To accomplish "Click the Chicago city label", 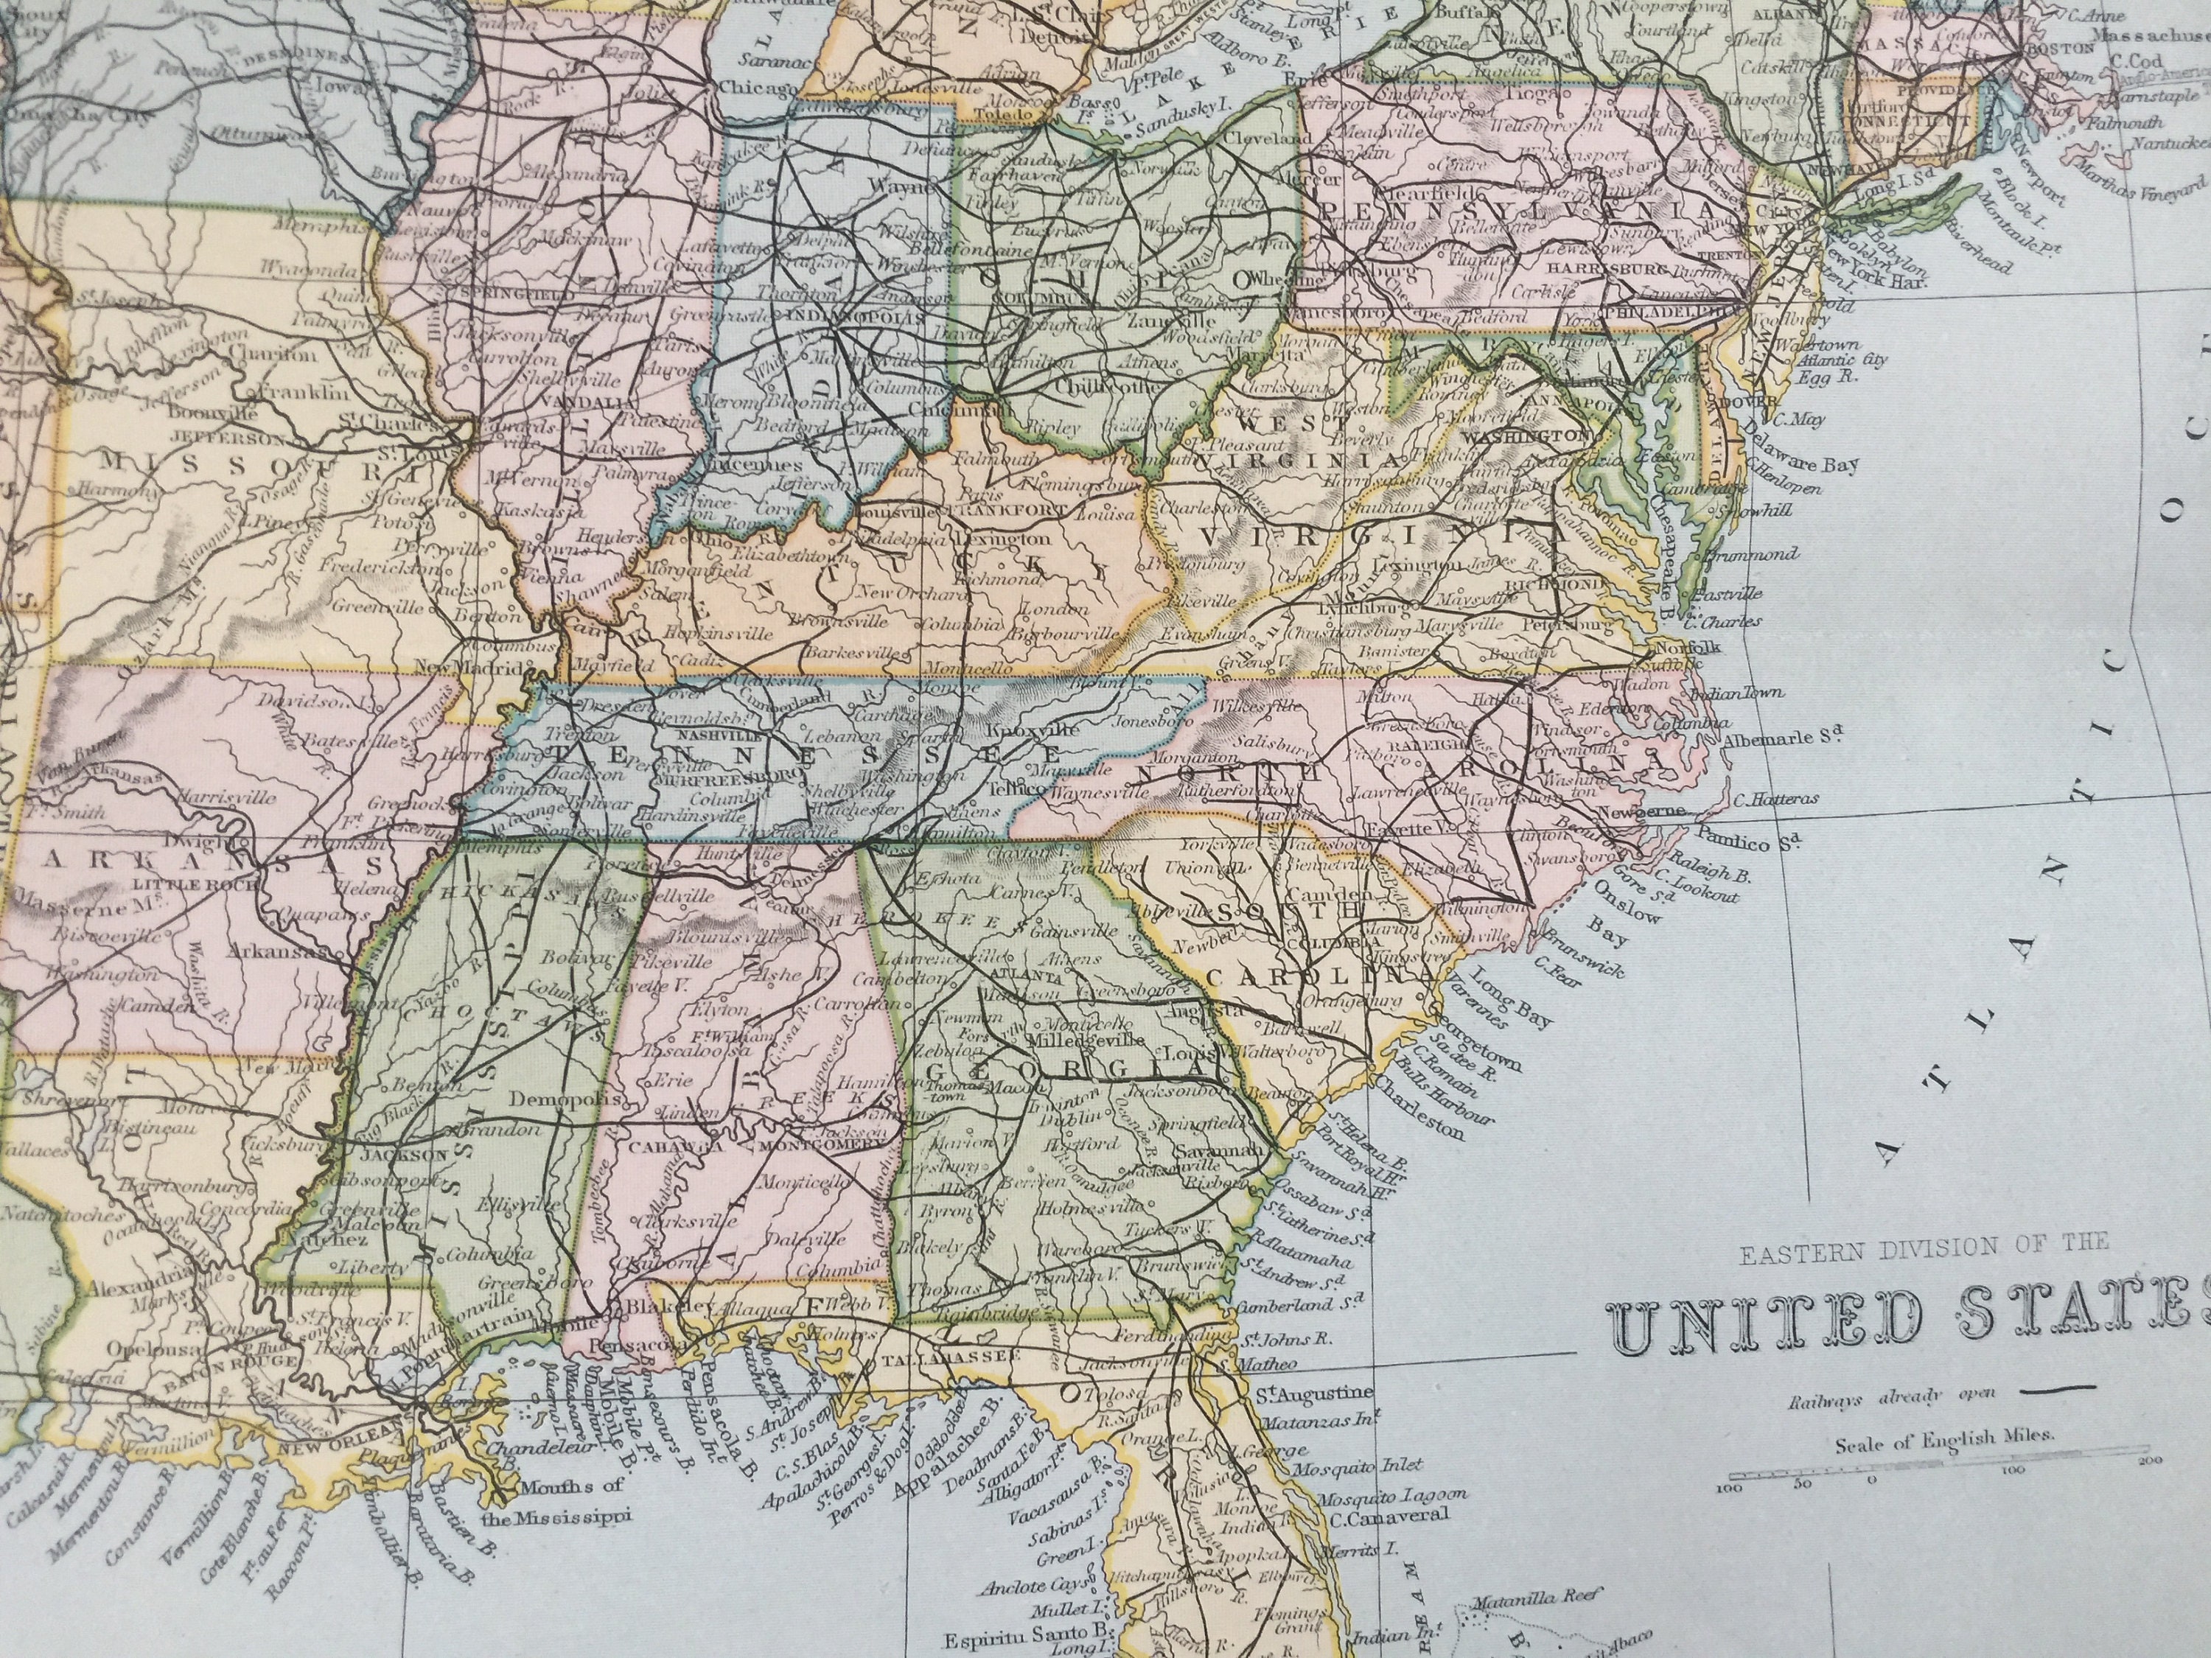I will click(758, 89).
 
